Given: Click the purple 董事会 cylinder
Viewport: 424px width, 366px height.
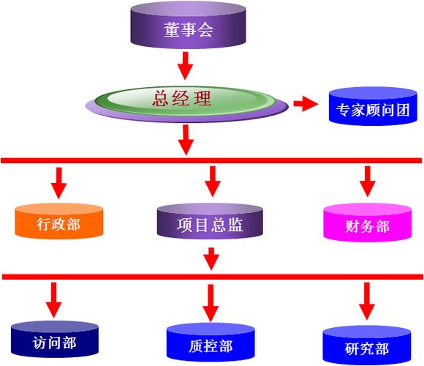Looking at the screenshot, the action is pyautogui.click(x=188, y=25).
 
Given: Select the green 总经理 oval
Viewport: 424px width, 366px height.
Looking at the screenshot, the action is pyautogui.click(x=185, y=101).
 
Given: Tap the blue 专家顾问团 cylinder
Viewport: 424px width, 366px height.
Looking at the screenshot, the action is pyautogui.click(x=373, y=106).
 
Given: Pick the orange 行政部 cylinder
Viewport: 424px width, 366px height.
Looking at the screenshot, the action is pyautogui.click(x=59, y=221).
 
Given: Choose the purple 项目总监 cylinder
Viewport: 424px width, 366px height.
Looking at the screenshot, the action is pyautogui.click(x=210, y=222).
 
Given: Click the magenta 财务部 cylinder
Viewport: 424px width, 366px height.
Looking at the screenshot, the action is pyautogui.click(x=368, y=223).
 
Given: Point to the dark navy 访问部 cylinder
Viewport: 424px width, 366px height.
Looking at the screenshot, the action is pyautogui.click(x=55, y=339).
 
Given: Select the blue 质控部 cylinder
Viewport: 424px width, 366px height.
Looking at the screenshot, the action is pyautogui.click(x=211, y=343).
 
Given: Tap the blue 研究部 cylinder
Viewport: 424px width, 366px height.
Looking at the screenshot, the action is pyautogui.click(x=367, y=346).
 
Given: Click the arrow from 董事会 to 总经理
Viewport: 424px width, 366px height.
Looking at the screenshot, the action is pyautogui.click(x=185, y=66).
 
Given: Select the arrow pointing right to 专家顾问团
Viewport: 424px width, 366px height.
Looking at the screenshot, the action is pyautogui.click(x=306, y=104).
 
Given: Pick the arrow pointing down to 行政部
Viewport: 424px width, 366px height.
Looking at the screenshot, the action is pyautogui.click(x=59, y=183).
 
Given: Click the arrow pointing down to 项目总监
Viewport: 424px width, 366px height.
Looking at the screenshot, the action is pyautogui.click(x=213, y=182).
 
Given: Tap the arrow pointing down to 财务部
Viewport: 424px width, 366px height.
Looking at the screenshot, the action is pyautogui.click(x=367, y=182).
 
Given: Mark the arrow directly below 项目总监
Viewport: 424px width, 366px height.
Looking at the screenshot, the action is pyautogui.click(x=211, y=259).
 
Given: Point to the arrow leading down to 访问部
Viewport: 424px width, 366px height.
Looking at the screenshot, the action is pyautogui.click(x=54, y=300).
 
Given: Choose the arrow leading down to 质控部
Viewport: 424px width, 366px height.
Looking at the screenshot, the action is pyautogui.click(x=211, y=303).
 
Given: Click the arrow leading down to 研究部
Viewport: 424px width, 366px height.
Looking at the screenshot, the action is pyautogui.click(x=367, y=301).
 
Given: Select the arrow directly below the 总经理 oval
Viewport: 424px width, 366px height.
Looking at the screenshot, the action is pyautogui.click(x=186, y=140).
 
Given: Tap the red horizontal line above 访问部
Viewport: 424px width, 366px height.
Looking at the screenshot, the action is pyautogui.click(x=213, y=277).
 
